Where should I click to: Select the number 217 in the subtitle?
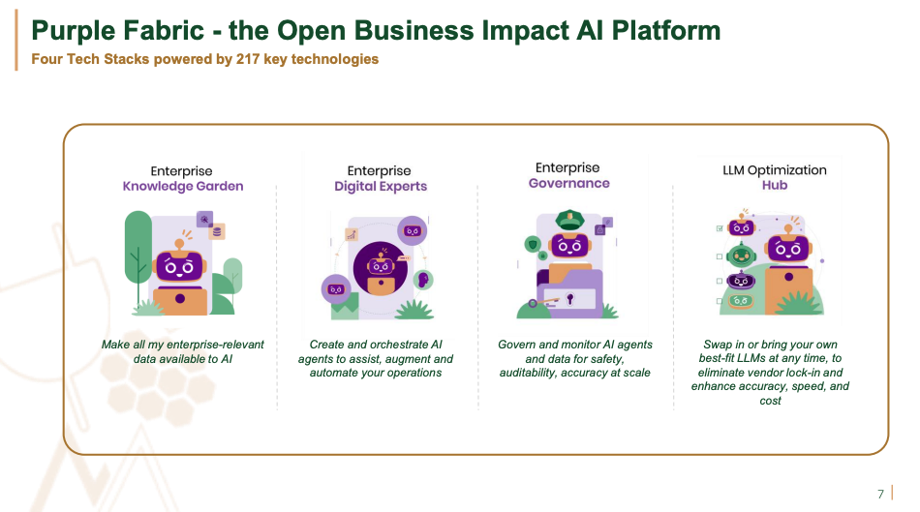[250, 59]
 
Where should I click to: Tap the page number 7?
[880, 494]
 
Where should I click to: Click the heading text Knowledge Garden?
[182, 186]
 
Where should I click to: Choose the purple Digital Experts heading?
[381, 186]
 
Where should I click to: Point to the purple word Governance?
[569, 183]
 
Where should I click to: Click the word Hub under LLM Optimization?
[774, 185]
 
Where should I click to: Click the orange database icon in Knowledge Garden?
[218, 231]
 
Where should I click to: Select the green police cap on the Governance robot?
[567, 222]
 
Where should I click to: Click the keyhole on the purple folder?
[569, 298]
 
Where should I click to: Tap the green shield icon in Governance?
[531, 244]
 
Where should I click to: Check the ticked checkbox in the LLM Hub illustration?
[719, 228]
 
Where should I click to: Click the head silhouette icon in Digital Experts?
[421, 279]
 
